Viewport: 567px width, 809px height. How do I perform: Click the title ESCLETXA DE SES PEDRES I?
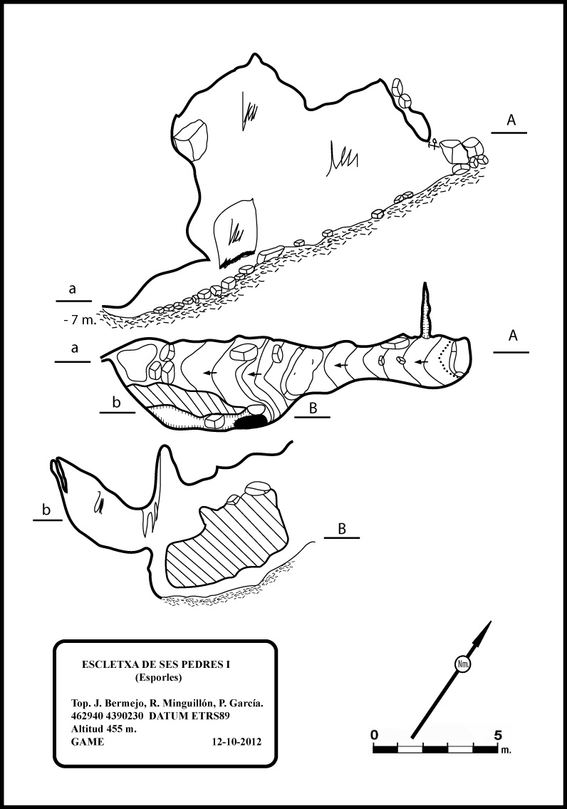(156, 664)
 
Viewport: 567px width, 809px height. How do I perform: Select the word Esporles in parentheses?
(158, 678)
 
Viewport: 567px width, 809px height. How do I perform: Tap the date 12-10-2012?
(236, 742)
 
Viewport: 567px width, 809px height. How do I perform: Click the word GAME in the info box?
(88, 742)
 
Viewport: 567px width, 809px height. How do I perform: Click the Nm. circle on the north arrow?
(462, 664)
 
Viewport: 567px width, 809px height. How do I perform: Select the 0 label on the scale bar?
(375, 735)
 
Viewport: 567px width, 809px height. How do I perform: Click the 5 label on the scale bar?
(498, 735)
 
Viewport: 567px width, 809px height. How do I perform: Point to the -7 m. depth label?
(80, 320)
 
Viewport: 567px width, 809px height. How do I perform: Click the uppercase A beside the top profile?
(511, 120)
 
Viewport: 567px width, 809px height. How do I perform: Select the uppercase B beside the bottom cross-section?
(342, 528)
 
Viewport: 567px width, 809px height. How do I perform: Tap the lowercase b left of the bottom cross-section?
(46, 510)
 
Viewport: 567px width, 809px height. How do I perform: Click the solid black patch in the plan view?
(251, 422)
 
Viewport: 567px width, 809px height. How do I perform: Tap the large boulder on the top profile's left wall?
(191, 139)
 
